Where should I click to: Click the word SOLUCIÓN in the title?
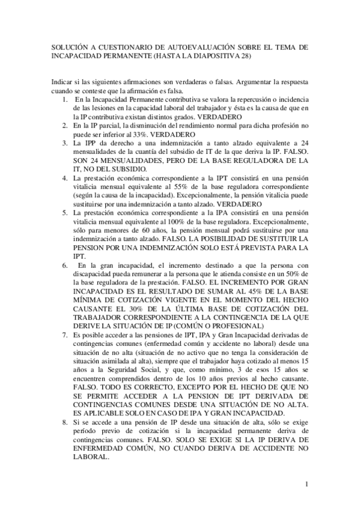[x=66, y=46]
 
